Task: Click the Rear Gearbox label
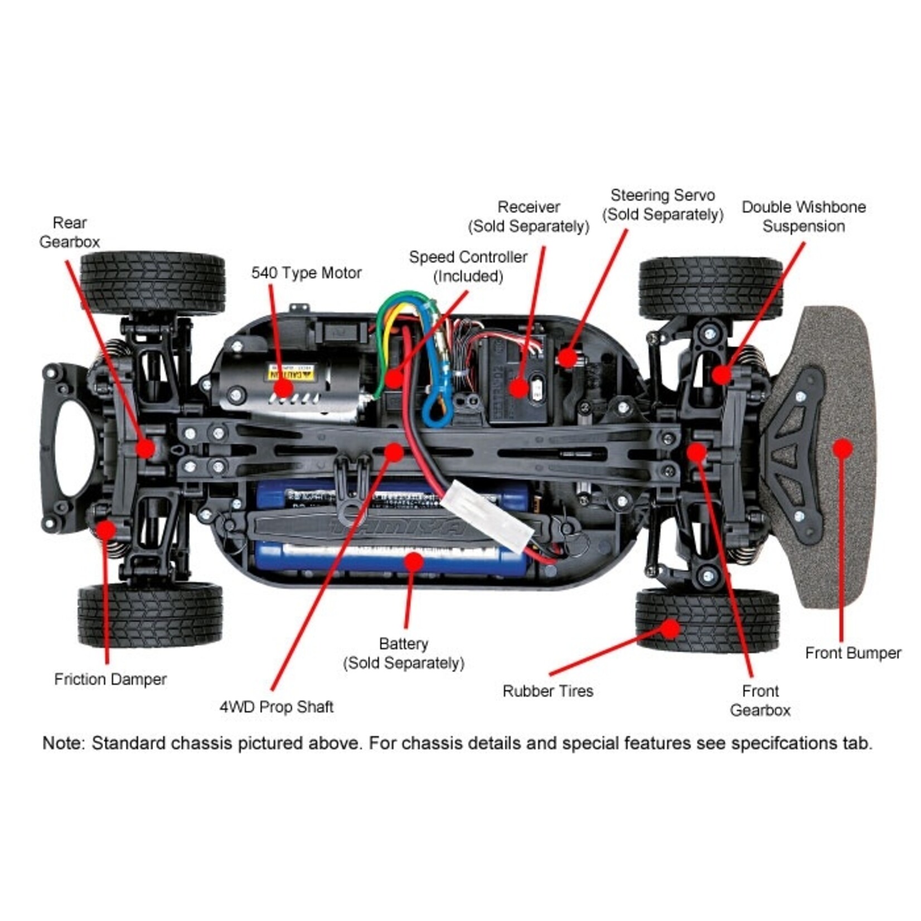[70, 232]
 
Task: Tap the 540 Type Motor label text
[306, 273]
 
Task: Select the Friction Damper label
[110, 679]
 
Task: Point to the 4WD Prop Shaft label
[277, 707]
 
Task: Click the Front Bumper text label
[853, 653]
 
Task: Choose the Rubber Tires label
[547, 691]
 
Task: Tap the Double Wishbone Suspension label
[803, 216]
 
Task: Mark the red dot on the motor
[284, 389]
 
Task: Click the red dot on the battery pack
[413, 561]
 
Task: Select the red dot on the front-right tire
[671, 629]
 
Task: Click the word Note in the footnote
[63, 743]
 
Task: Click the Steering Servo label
[662, 205]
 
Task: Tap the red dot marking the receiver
[518, 388]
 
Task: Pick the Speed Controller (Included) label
[468, 266]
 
